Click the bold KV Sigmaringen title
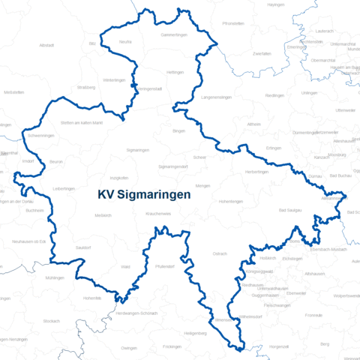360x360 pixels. [x=144, y=193]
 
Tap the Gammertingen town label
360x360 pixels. [x=173, y=35]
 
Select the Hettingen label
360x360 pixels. [x=175, y=73]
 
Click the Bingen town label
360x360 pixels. [x=178, y=130]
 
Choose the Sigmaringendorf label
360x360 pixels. [x=173, y=166]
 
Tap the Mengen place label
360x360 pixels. [x=203, y=185]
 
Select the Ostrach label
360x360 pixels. [x=220, y=254]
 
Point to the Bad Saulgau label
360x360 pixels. [x=289, y=211]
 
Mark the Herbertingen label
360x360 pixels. [x=256, y=172]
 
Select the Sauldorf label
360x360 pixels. [x=83, y=246]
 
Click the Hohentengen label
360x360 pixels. [x=231, y=202]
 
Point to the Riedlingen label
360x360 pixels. [x=274, y=95]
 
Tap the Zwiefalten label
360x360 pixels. [x=262, y=54]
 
